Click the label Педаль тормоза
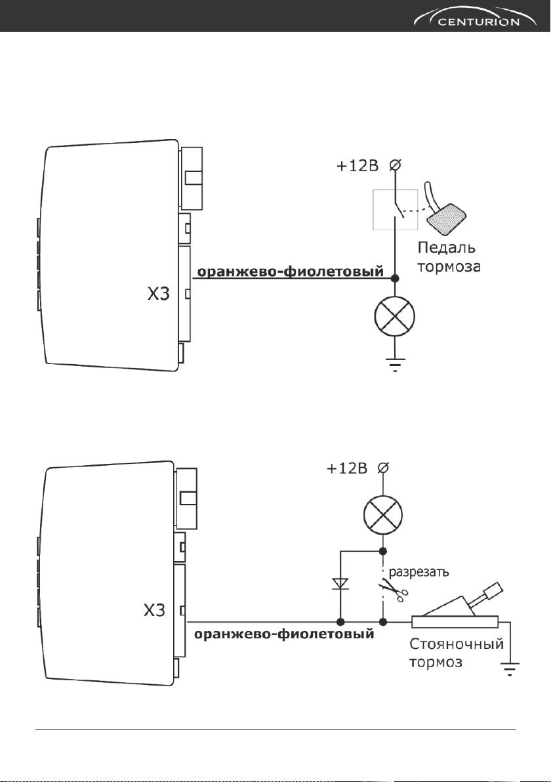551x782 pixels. pos(449,257)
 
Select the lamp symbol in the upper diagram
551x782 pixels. pos(394,316)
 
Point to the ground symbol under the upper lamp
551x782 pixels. pos(394,364)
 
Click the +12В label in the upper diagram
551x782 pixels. pos(357,165)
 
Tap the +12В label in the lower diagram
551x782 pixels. pos(347,469)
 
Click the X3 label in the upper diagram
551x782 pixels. pos(158,295)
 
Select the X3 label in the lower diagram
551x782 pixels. pos(154,610)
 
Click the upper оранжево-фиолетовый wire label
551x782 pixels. pos(291,272)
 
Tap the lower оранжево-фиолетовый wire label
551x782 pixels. pos(283,634)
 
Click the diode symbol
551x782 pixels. pos(340,583)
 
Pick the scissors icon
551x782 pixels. pos(394,588)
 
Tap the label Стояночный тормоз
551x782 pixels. pos(457,653)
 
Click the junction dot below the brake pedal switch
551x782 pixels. pos(395,278)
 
